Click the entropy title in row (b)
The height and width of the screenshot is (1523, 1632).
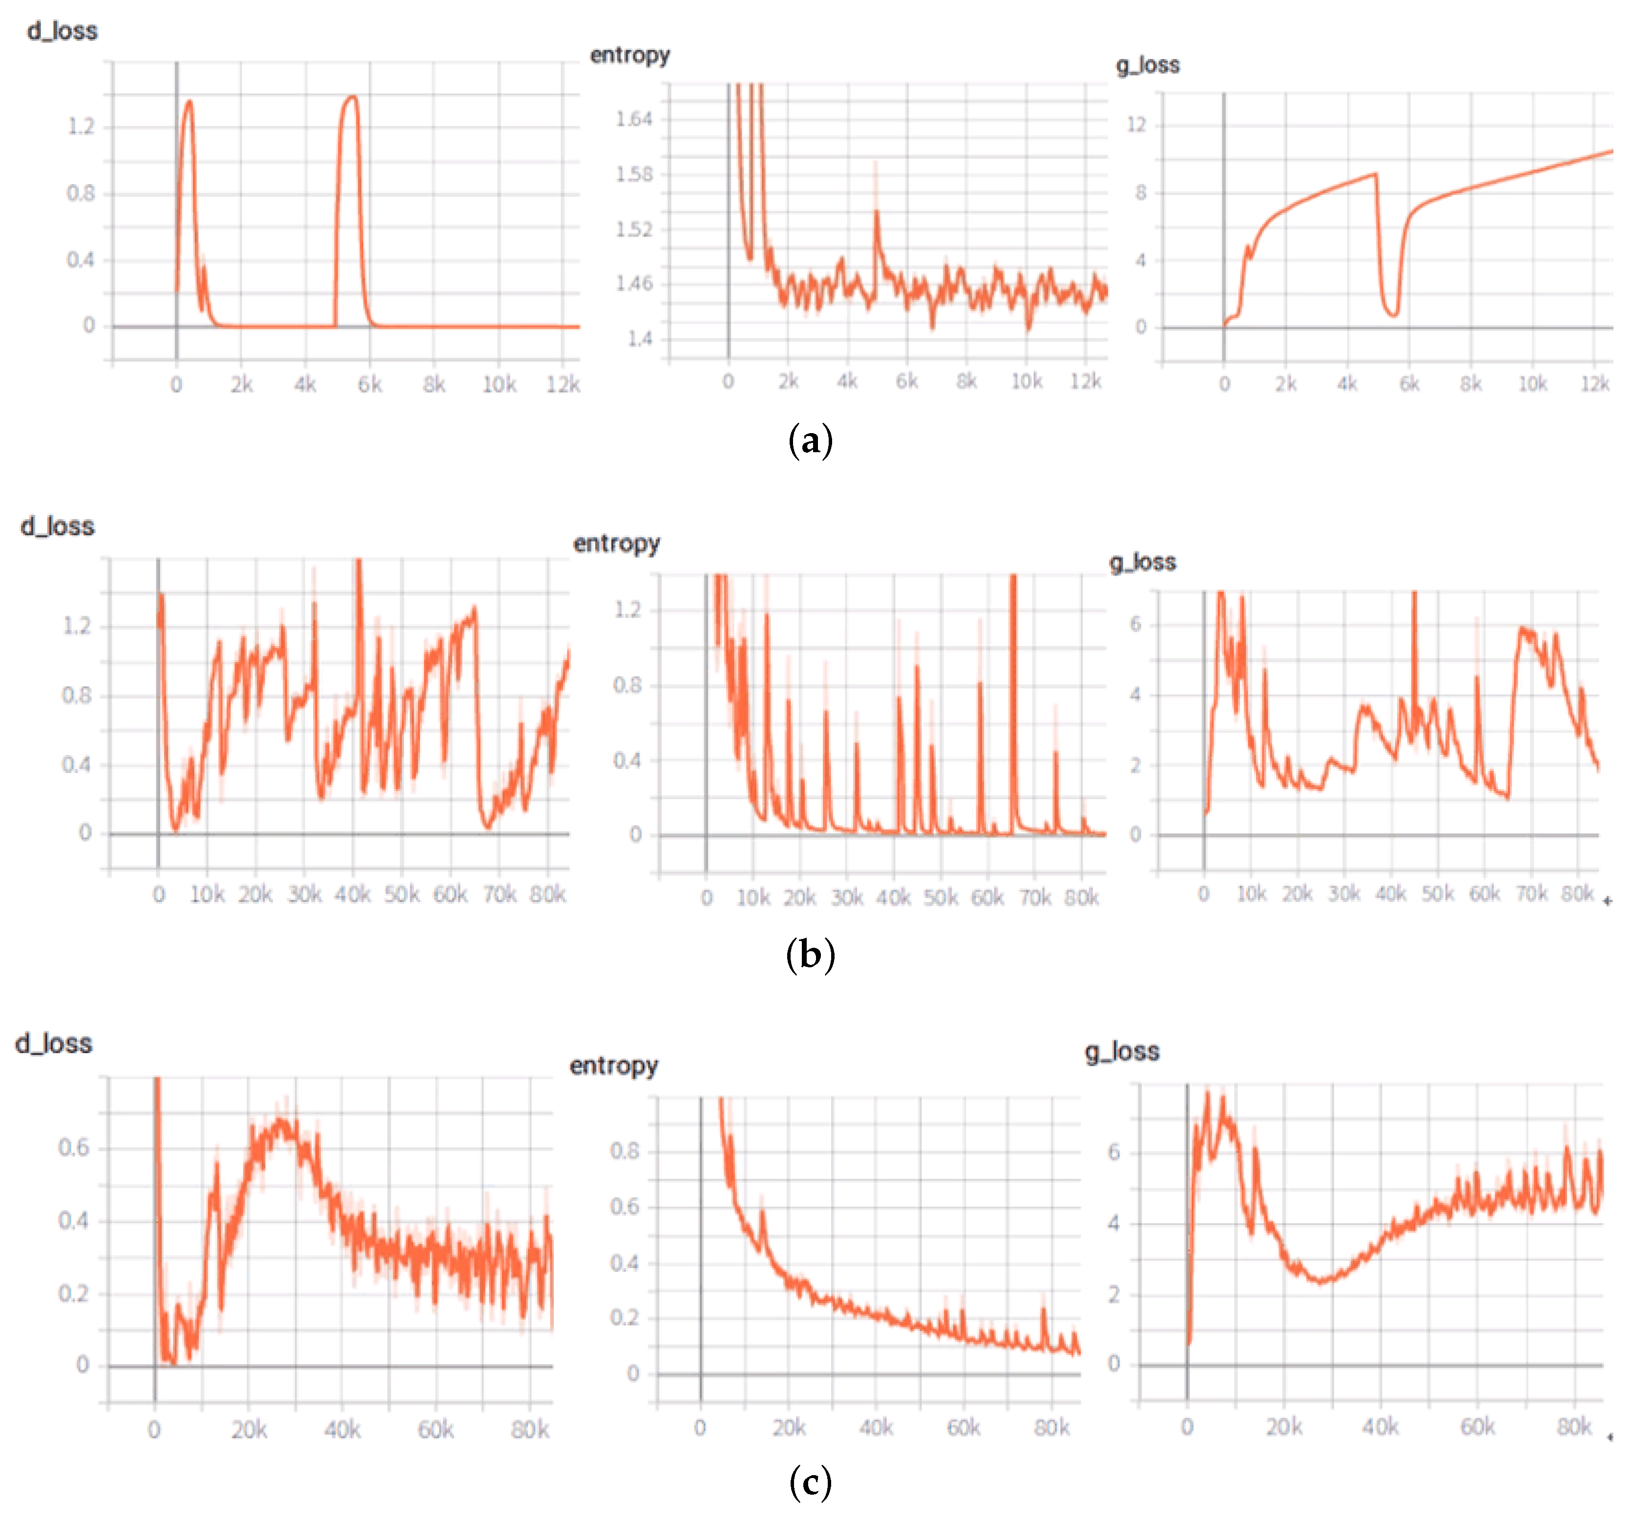click(x=616, y=543)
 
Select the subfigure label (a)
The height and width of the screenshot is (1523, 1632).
click(x=810, y=441)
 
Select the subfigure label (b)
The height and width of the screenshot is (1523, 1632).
click(x=810, y=954)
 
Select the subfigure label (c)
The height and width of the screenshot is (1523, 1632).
click(x=810, y=1483)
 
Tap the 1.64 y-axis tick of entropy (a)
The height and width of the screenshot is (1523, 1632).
click(x=634, y=120)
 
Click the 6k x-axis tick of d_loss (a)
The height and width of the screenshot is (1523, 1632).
click(x=369, y=384)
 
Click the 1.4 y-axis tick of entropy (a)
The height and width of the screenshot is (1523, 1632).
click(x=640, y=338)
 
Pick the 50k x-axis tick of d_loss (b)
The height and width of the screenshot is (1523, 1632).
click(x=401, y=894)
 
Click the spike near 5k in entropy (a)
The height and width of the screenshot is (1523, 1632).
click(x=876, y=212)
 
